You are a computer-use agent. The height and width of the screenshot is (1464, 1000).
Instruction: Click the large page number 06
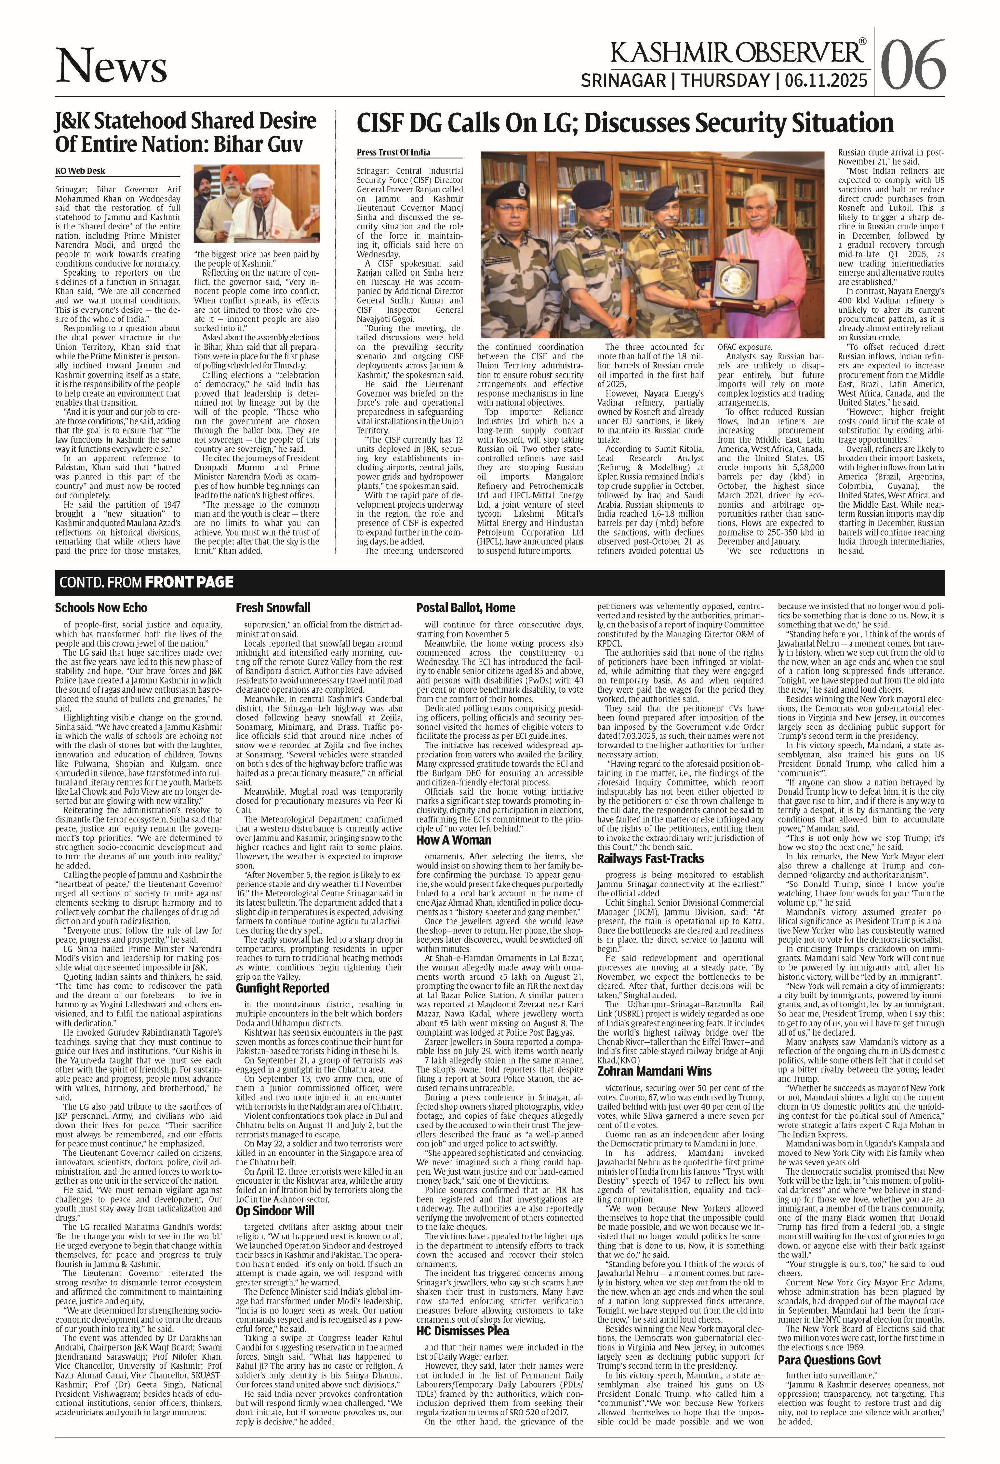coord(913,65)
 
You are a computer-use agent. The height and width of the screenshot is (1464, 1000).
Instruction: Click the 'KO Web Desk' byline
coord(80,171)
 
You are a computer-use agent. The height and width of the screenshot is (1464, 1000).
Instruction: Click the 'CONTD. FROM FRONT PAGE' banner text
coord(146,582)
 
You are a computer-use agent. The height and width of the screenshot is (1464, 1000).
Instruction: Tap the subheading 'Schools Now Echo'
coord(101,608)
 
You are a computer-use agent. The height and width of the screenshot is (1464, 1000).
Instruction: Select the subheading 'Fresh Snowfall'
coord(273,608)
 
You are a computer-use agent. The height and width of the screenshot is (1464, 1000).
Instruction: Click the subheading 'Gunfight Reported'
coord(282,988)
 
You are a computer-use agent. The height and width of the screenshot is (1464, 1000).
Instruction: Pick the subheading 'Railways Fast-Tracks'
coord(650,858)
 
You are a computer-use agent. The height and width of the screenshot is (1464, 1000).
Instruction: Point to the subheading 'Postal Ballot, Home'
coord(466,608)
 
